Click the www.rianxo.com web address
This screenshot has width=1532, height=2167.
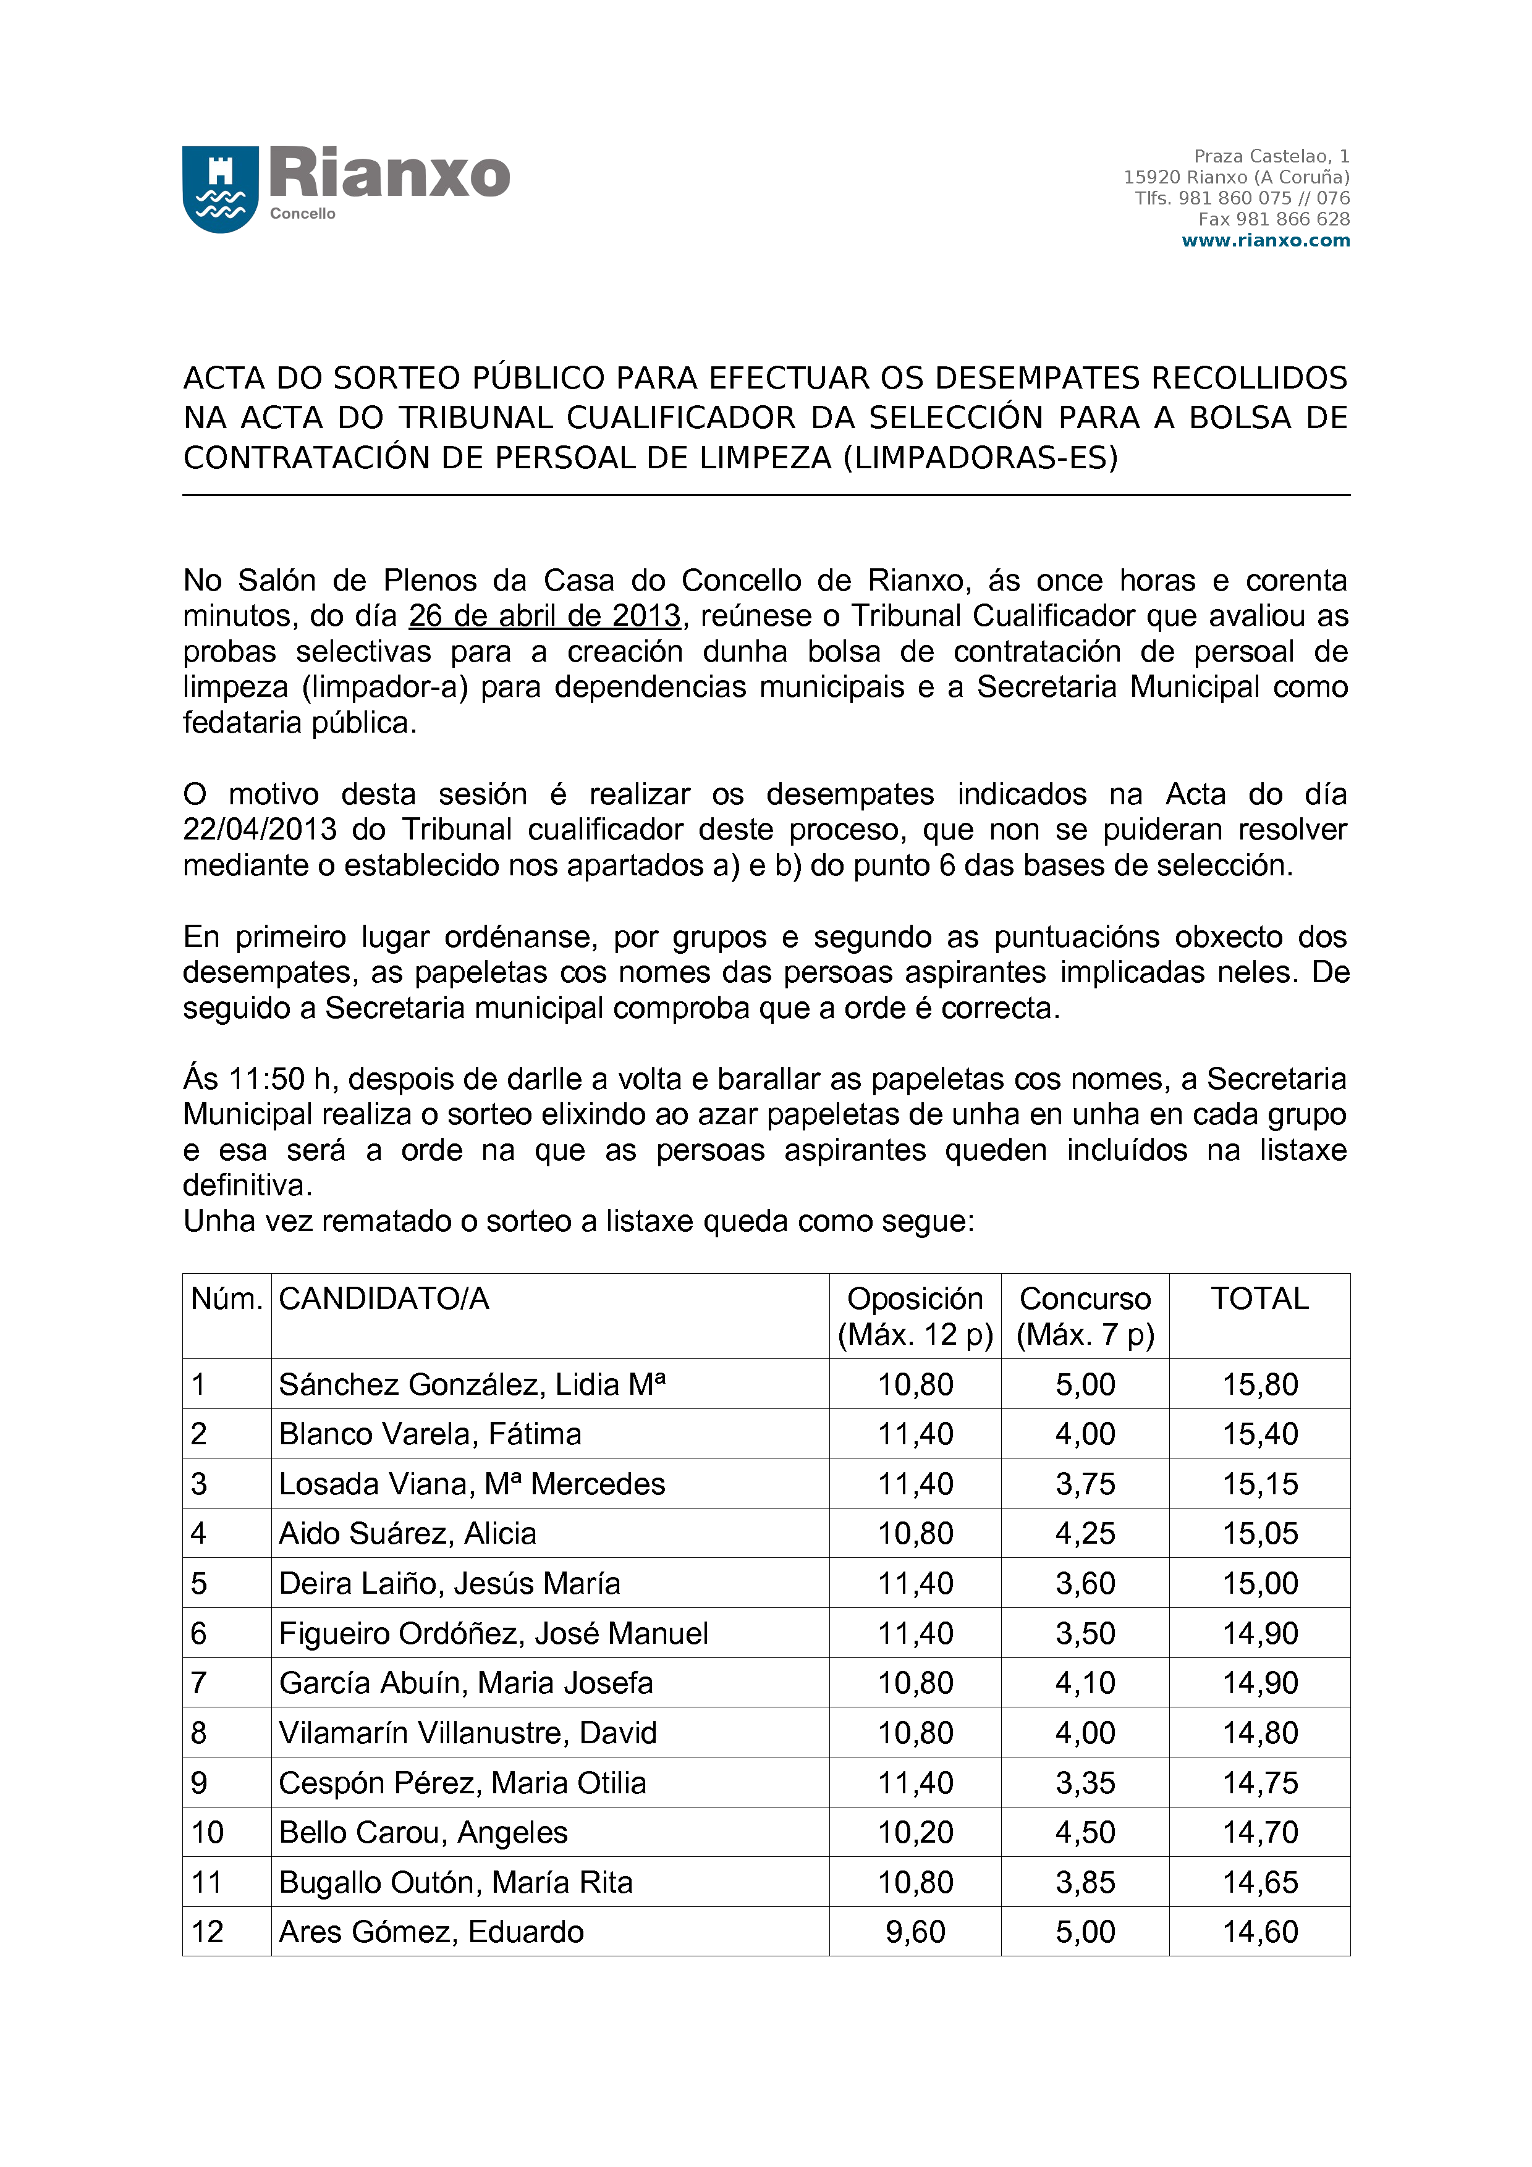(x=1265, y=241)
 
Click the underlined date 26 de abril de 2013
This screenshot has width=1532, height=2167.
(x=544, y=615)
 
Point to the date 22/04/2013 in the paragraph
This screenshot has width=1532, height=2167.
(x=260, y=830)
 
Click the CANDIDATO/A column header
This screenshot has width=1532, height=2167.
(x=384, y=1298)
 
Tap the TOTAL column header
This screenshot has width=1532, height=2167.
(x=1259, y=1298)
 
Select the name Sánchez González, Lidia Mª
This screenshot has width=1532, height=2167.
(x=472, y=1384)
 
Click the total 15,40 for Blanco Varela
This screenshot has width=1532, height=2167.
(x=1260, y=1434)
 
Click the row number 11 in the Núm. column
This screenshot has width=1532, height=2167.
(x=207, y=1882)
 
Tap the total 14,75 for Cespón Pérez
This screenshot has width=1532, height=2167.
(x=1260, y=1783)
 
